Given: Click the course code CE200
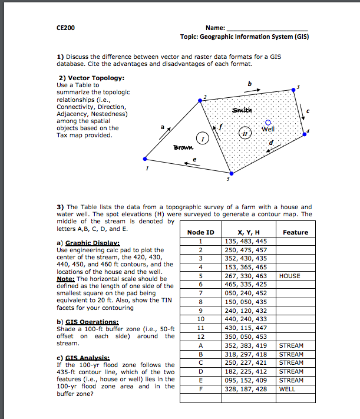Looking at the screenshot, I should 65,28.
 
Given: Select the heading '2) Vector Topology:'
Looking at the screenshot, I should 87,78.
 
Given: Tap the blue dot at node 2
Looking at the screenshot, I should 200,101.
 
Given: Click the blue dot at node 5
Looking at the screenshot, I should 231,173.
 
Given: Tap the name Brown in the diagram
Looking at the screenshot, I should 183,147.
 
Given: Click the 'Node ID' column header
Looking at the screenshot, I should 200,232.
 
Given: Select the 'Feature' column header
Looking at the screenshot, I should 295,232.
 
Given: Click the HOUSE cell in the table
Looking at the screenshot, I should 290,276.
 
